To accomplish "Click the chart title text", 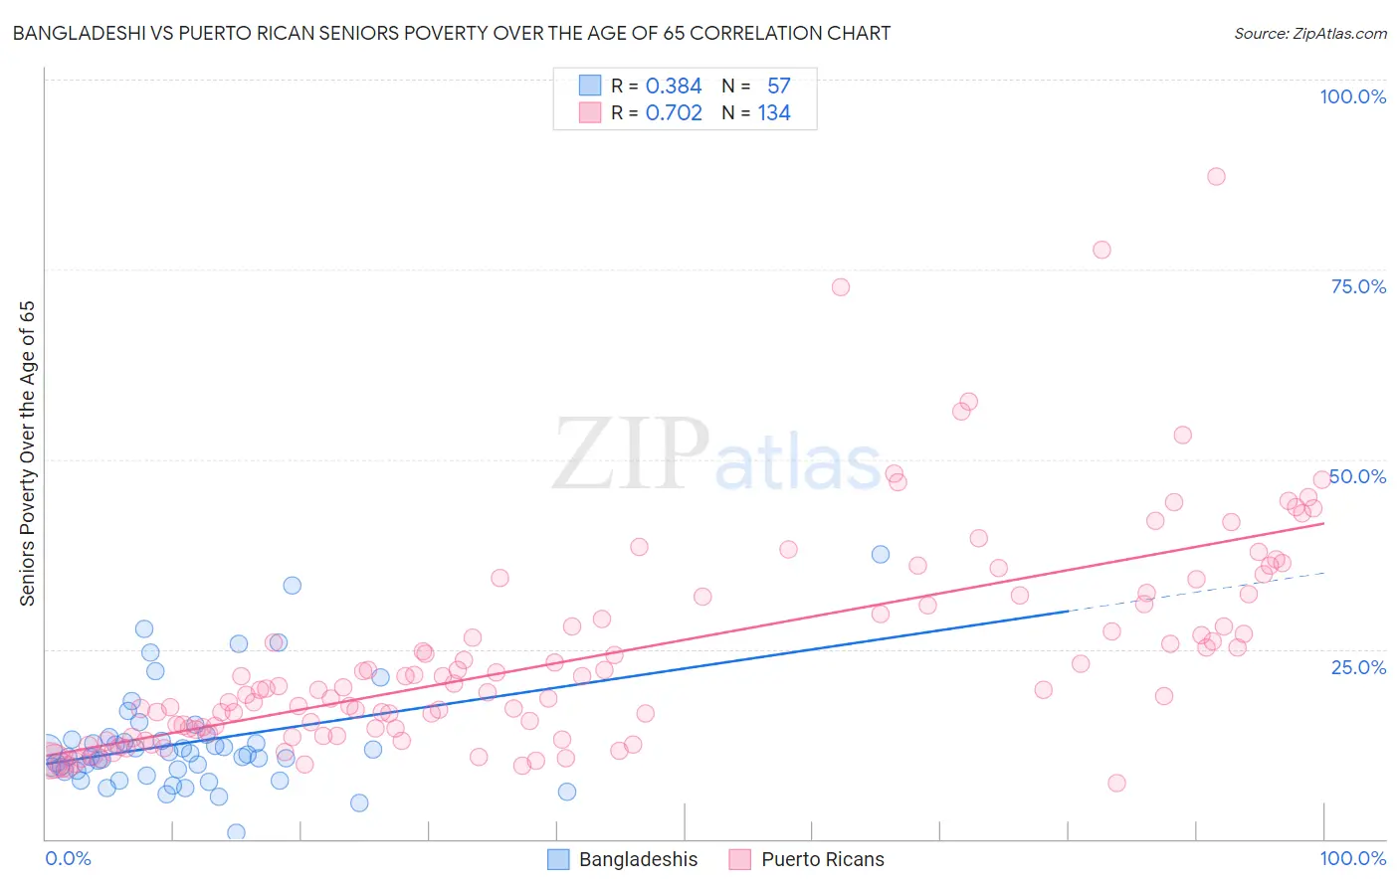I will point(451,33).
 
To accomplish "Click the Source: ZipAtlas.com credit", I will point(1309,33).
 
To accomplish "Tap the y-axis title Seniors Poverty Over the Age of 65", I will point(27,453).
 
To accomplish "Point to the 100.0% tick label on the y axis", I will point(1352,96).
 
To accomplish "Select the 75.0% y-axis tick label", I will point(1358,286).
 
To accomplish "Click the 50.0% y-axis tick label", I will point(1358,476).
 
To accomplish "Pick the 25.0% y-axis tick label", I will point(1358,666).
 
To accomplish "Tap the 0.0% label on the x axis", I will point(68,858).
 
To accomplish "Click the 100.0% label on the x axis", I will point(1352,858).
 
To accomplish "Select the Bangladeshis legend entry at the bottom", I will point(624,859).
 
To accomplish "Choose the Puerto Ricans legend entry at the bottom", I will point(807,859).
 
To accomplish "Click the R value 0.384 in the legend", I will point(674,86).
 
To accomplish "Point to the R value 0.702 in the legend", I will point(674,112).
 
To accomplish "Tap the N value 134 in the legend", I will point(774,112).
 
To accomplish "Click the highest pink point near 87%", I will point(1216,176).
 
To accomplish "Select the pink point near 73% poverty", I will point(841,287).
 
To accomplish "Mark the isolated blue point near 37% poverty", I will point(881,554).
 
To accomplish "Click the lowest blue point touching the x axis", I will point(236,832).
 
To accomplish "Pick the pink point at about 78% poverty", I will point(1101,250).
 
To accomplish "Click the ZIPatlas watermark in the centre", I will point(716,455).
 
